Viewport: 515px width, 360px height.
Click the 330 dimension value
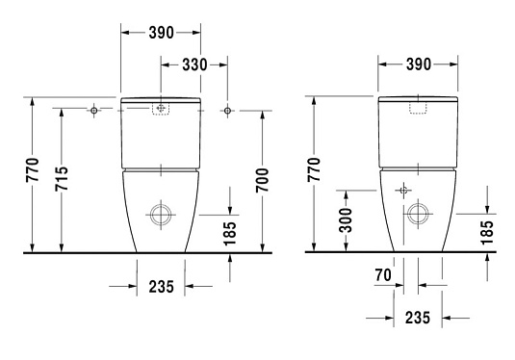point(196,64)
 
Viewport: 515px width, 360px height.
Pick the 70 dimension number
point(382,276)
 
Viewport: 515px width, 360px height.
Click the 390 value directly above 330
point(160,33)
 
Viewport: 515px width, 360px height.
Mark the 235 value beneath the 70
point(418,317)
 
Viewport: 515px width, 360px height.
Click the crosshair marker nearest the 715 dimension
point(93,110)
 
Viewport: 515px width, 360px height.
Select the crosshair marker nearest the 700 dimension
point(227,110)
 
